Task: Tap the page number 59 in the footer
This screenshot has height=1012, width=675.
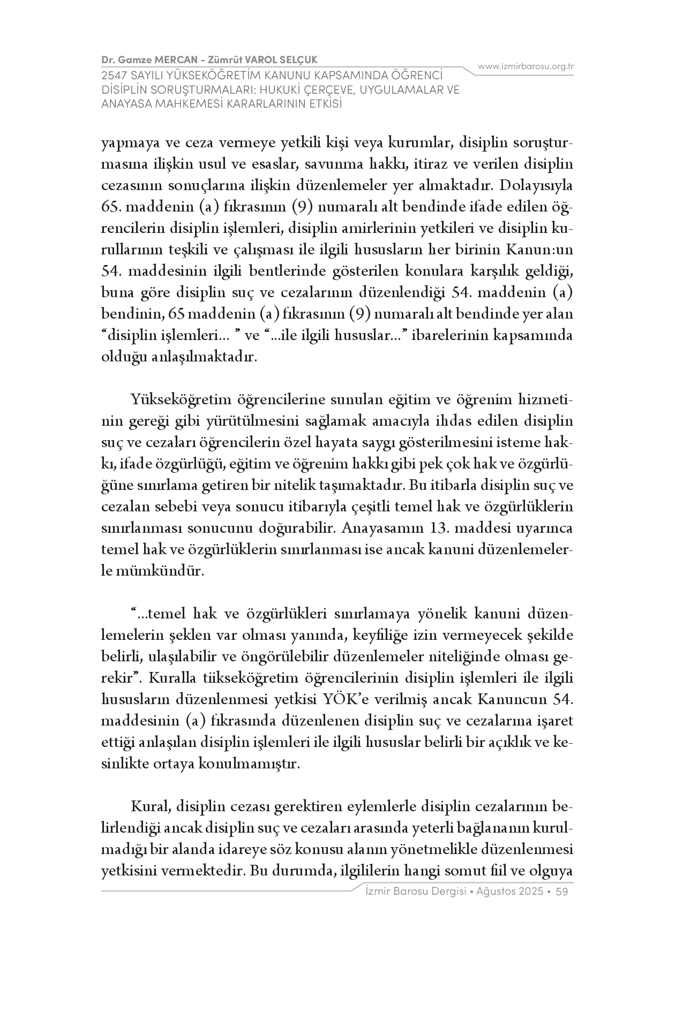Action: click(562, 892)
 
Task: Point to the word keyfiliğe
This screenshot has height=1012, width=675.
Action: click(378, 635)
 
